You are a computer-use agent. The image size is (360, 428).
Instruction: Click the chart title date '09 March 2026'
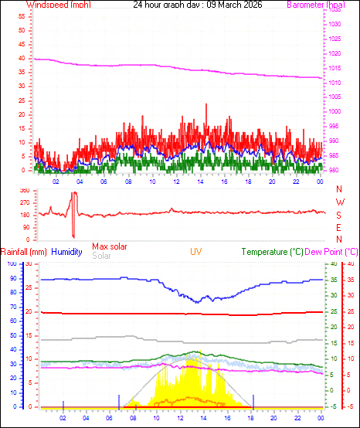click(231, 5)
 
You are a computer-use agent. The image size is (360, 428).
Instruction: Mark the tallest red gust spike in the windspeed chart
click(206, 105)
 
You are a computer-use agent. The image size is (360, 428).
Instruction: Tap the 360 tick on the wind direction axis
click(24, 190)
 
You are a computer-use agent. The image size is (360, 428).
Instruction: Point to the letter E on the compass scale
click(339, 228)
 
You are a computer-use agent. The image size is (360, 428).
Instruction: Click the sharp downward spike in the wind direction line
click(73, 235)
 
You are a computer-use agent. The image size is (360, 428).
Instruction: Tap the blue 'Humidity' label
click(67, 252)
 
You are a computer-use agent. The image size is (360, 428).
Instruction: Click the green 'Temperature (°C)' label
click(273, 252)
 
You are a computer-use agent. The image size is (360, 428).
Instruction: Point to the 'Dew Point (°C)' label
click(332, 252)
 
